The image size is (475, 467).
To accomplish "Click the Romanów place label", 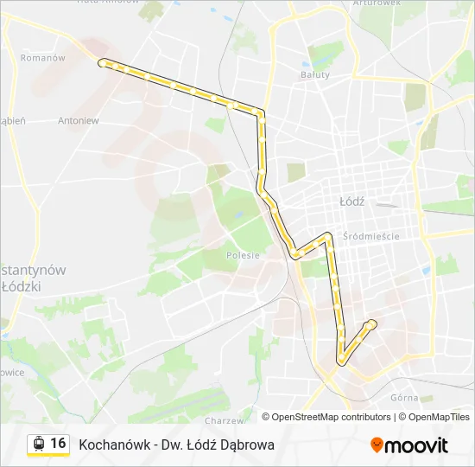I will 43,58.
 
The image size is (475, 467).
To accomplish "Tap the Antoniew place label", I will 78,121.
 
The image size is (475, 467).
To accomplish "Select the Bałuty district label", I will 314,74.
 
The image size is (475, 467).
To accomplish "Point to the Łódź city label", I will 351,201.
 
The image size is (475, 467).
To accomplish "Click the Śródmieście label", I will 370,235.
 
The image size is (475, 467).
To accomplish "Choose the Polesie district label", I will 243,255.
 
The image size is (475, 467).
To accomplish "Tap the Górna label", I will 404,399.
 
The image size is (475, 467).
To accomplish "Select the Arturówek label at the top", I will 377,3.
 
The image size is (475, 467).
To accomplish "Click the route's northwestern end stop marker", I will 103,62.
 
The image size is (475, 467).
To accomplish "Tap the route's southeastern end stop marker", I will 372,323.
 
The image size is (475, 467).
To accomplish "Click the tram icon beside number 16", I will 38,445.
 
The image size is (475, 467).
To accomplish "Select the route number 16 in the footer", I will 58,444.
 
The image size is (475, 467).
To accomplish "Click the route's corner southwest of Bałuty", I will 261,112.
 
